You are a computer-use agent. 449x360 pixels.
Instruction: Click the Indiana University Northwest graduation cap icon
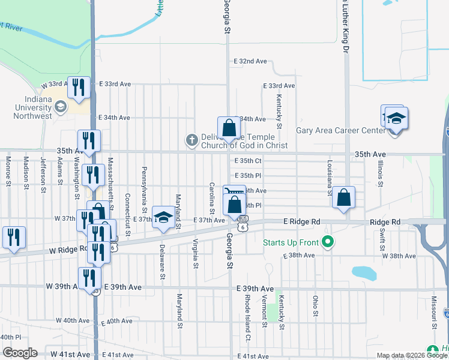[x=60, y=107]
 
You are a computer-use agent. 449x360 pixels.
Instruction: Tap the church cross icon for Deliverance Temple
[x=191, y=140]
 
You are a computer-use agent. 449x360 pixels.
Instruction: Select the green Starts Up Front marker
[x=328, y=242]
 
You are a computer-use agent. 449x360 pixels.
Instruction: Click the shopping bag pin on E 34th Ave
[x=229, y=128]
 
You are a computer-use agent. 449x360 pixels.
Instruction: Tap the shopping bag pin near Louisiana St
[x=343, y=198]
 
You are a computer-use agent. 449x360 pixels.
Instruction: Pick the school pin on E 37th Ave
[x=163, y=218]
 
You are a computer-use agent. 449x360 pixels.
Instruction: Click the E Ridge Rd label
[x=301, y=222]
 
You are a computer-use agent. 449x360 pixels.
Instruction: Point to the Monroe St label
[x=8, y=170]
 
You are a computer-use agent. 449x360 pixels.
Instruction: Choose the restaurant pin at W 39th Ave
[x=89, y=278]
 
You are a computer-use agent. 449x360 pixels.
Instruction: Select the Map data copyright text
[x=412, y=355]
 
